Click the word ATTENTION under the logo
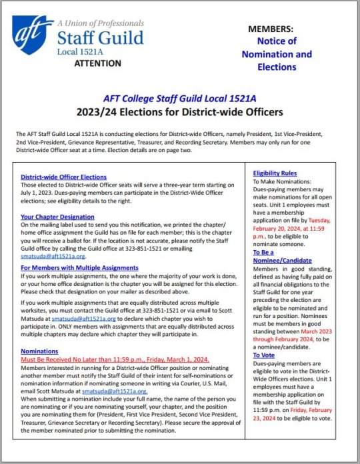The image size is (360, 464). coord(96,63)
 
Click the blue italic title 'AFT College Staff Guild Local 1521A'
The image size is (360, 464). coord(181,97)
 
